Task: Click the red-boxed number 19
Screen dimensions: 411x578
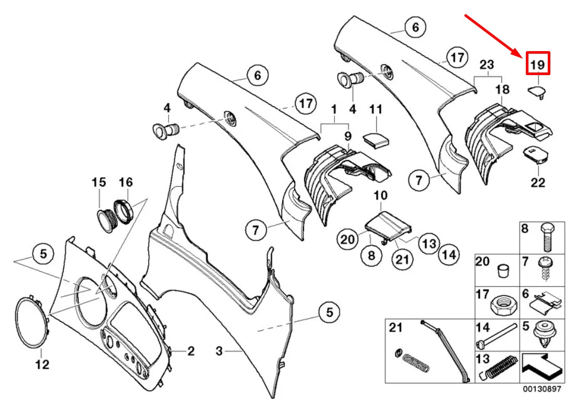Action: pos(538,65)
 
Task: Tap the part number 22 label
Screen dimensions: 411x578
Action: pos(538,183)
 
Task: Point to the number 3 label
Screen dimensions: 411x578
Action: pos(219,352)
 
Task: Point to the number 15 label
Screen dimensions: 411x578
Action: pos(99,183)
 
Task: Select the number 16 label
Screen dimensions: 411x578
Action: pos(126,183)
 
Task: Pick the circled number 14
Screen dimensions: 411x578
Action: pos(449,255)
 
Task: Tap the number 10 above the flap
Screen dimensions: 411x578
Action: pos(380,196)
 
